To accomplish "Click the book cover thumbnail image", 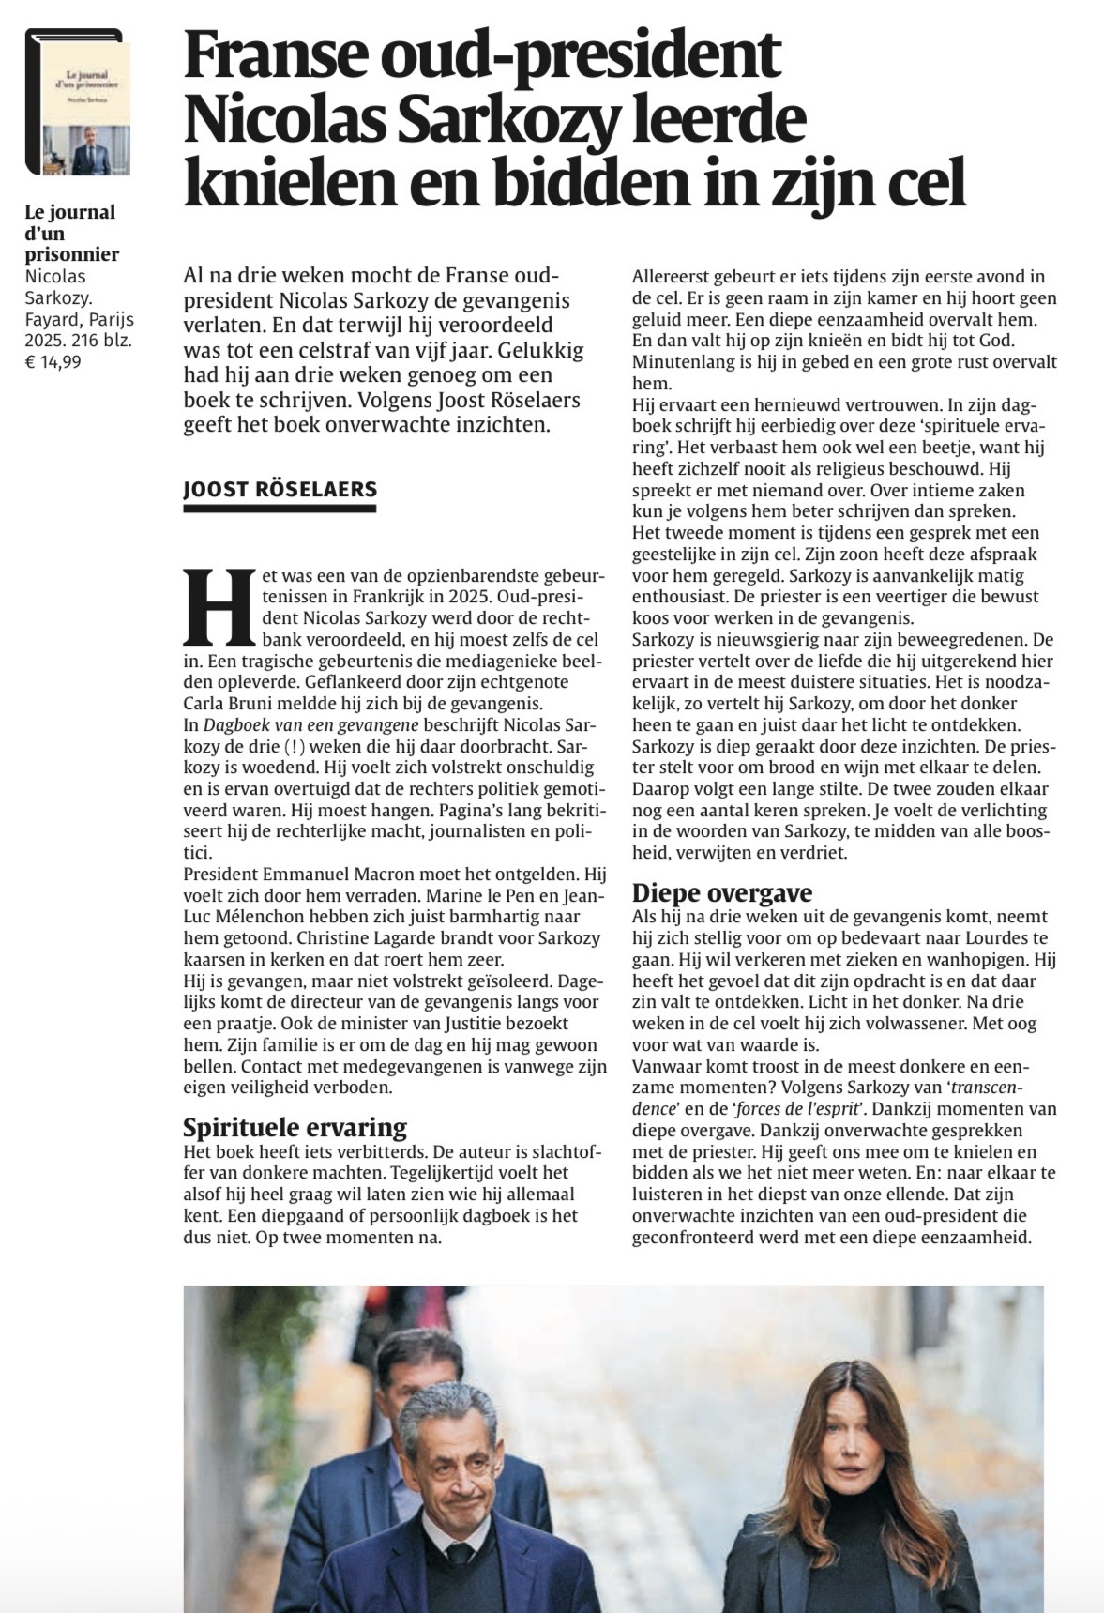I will click(80, 103).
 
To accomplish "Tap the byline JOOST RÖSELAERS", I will click(280, 489).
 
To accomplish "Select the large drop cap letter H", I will click(220, 606).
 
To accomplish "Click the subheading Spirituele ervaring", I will click(295, 1127).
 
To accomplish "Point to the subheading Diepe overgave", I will click(721, 892).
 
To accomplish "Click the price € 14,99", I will click(53, 360).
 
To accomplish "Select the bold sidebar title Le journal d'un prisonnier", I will click(71, 233).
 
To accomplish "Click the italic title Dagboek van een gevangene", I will click(310, 725).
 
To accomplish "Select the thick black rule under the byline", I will click(280, 509).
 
